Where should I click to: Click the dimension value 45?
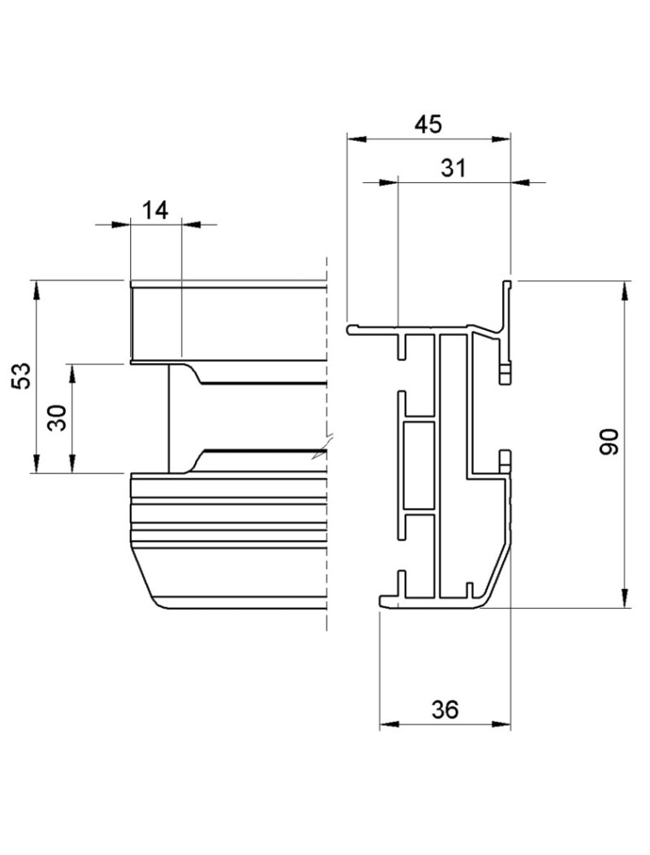[428, 124]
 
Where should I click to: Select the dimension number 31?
[453, 168]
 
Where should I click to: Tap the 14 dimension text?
[155, 210]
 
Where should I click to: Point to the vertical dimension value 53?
[22, 375]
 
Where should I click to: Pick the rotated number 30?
[59, 418]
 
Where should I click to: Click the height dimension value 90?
[609, 442]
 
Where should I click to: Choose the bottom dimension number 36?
[445, 709]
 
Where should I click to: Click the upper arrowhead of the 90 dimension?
[625, 291]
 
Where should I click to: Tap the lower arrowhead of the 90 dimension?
[625, 598]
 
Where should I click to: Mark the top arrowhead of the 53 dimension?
[36, 290]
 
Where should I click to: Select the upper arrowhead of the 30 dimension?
[73, 374]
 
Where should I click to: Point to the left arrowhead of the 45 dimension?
[356, 138]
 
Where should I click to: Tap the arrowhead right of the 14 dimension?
[192, 225]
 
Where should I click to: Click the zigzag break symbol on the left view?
[321, 451]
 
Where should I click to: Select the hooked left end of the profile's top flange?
[352, 328]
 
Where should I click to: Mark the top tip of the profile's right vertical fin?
[506, 282]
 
